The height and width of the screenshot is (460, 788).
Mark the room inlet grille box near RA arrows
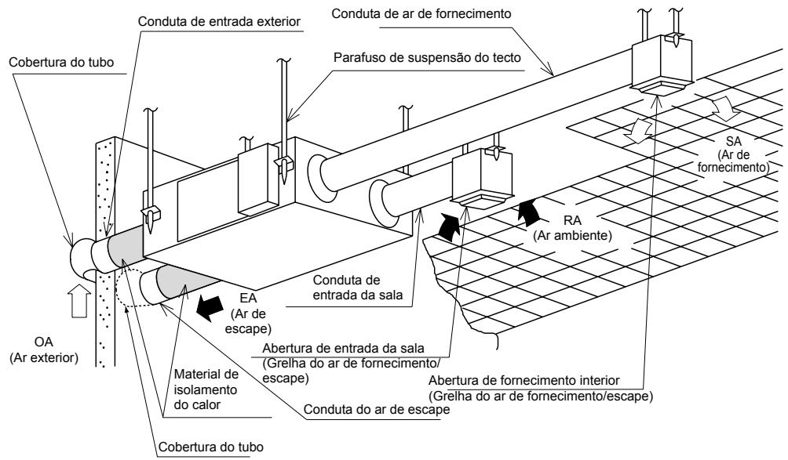point(480,180)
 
